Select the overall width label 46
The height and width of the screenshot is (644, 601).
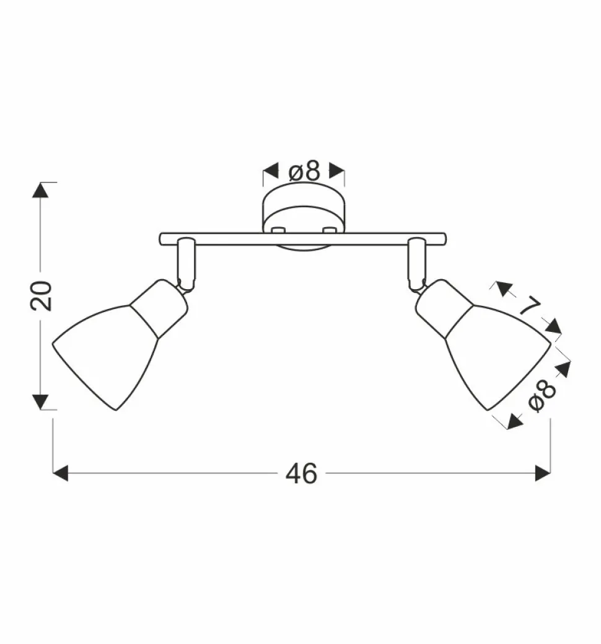(x=302, y=473)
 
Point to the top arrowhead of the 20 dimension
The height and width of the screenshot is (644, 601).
(x=41, y=190)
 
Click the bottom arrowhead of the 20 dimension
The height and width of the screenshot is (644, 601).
(x=41, y=401)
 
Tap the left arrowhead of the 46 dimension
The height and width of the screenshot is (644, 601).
(x=60, y=473)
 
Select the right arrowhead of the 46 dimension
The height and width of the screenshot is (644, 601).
(x=543, y=473)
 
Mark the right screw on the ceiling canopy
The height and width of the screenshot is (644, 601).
(x=328, y=230)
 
